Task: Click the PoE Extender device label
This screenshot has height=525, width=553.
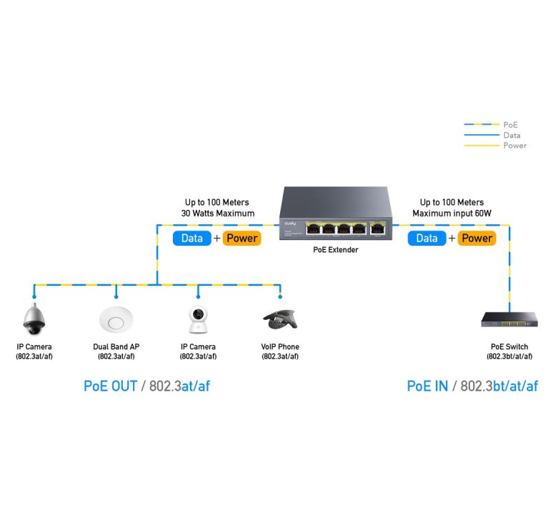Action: pyautogui.click(x=335, y=250)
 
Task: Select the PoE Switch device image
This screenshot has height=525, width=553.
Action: pyautogui.click(x=508, y=321)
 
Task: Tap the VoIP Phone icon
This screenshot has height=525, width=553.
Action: pyautogui.click(x=280, y=319)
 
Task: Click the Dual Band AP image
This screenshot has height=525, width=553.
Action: pyautogui.click(x=116, y=319)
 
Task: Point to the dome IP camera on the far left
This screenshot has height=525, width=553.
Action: pyautogui.click(x=34, y=319)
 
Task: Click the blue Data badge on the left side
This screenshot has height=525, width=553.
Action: pyautogui.click(x=191, y=238)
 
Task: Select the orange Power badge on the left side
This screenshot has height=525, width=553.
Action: pyautogui.click(x=241, y=238)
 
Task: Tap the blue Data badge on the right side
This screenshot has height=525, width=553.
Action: pyautogui.click(x=427, y=238)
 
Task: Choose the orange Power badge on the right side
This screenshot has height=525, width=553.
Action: pyautogui.click(x=477, y=238)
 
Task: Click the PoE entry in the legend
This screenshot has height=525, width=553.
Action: pyautogui.click(x=510, y=125)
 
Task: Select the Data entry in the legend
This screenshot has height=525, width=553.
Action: pyautogui.click(x=512, y=135)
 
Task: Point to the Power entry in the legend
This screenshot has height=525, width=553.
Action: pyautogui.click(x=514, y=146)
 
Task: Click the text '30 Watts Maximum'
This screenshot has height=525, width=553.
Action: pyautogui.click(x=218, y=214)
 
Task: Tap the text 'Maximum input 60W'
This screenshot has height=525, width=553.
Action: pyautogui.click(x=452, y=214)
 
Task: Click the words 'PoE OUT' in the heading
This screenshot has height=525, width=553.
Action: pyautogui.click(x=111, y=386)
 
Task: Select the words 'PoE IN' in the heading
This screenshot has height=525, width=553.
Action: pyautogui.click(x=427, y=386)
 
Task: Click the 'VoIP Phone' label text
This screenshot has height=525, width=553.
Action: pyautogui.click(x=280, y=347)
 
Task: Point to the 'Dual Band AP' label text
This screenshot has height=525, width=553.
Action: pyautogui.click(x=116, y=347)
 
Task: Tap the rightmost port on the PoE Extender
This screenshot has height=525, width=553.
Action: pyautogui.click(x=376, y=228)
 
